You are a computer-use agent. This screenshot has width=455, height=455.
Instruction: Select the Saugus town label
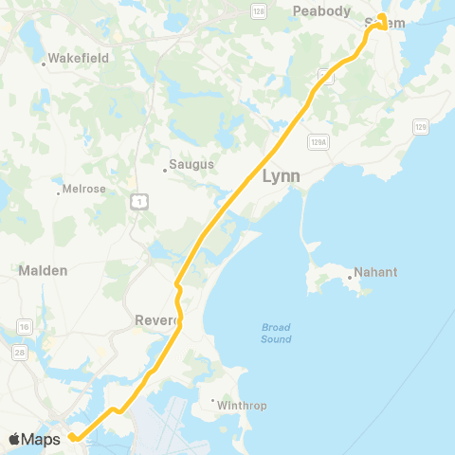[x=191, y=164]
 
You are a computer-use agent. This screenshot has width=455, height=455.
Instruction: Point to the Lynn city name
[x=281, y=176]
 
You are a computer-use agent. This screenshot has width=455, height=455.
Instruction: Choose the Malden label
[x=43, y=270]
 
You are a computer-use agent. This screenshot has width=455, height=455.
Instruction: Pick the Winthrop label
[x=242, y=406]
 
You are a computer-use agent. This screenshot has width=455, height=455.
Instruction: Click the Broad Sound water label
[x=276, y=334]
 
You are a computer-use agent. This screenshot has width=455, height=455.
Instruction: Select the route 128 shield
[x=258, y=9]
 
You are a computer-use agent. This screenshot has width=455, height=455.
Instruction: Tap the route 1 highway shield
[x=139, y=201]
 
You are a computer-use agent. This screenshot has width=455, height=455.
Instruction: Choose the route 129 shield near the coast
[x=421, y=125]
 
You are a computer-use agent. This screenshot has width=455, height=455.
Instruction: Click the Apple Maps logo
[x=35, y=439]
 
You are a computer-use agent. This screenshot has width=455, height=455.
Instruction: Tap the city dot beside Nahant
[x=350, y=277]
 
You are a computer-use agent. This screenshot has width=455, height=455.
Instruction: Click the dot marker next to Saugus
[x=165, y=171]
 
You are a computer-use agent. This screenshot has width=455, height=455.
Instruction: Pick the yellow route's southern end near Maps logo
[x=70, y=438]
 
